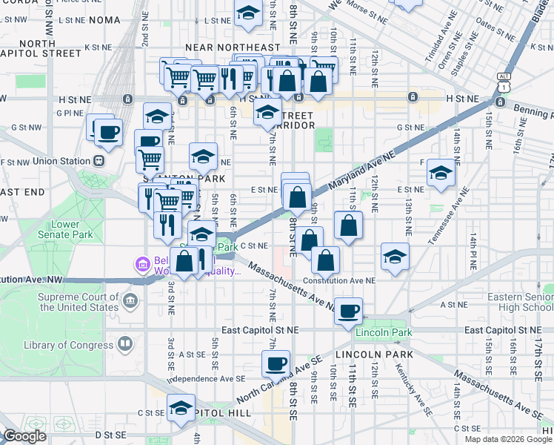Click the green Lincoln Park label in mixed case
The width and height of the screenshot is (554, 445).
point(384,332)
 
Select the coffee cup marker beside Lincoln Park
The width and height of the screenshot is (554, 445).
point(348,311)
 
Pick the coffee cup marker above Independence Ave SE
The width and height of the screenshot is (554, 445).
point(276,363)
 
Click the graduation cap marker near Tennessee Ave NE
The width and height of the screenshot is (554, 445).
point(441,174)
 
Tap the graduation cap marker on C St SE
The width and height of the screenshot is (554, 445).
point(180,409)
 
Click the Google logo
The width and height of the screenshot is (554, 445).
point(25,436)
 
